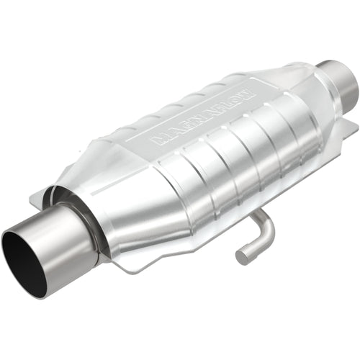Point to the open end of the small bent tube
243,254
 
